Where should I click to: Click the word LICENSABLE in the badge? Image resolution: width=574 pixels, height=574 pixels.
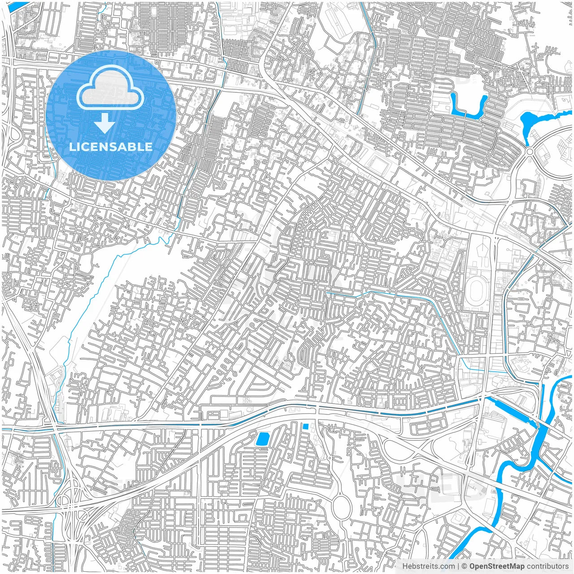[x=111, y=147]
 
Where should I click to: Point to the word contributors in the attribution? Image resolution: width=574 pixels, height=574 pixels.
[x=548, y=566]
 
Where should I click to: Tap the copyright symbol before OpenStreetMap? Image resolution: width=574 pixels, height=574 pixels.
[x=465, y=566]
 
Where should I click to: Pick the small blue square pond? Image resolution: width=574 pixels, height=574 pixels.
[x=305, y=426]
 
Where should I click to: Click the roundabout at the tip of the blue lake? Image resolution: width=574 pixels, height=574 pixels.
[x=530, y=152]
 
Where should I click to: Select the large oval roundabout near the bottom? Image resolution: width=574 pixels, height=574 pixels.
[x=341, y=506]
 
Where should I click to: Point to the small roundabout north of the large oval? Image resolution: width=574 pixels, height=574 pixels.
[x=330, y=457]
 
